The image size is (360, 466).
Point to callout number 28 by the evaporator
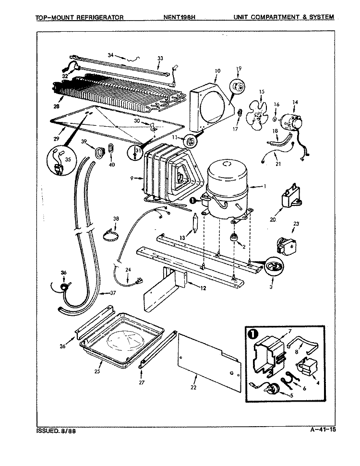[57, 106]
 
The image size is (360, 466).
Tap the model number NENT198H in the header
[179, 17]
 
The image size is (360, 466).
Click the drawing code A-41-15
[321, 430]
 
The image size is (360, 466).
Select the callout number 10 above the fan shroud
[217, 71]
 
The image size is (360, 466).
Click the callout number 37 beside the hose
[113, 293]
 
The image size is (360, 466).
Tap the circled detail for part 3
[274, 266]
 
